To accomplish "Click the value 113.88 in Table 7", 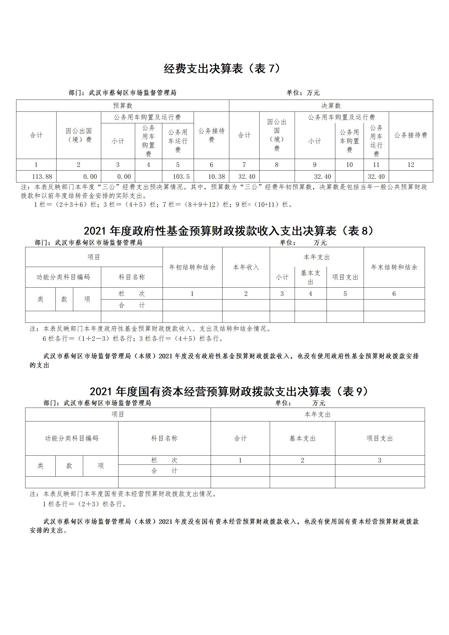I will pos(42,177).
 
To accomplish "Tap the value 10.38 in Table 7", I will pos(217,177).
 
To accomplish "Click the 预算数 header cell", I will pos(123,106).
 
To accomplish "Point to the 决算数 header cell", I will pos(331,106).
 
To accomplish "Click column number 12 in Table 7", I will pos(411,165).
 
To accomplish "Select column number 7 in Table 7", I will pos(244,165).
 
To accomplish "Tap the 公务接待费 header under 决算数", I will pos(411,135).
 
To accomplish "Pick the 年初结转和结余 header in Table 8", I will pos(192,267).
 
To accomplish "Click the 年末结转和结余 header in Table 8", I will pos(394,267).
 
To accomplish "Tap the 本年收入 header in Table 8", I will pos(246,267).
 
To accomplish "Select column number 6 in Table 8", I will pos(394,294).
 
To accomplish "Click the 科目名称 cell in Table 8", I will pos(132,277).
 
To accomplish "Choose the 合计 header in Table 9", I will pos(240,438).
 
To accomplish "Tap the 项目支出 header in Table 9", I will pos(380,438).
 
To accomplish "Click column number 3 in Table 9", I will pos(380,460).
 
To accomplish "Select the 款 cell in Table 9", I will pos(69,466).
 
